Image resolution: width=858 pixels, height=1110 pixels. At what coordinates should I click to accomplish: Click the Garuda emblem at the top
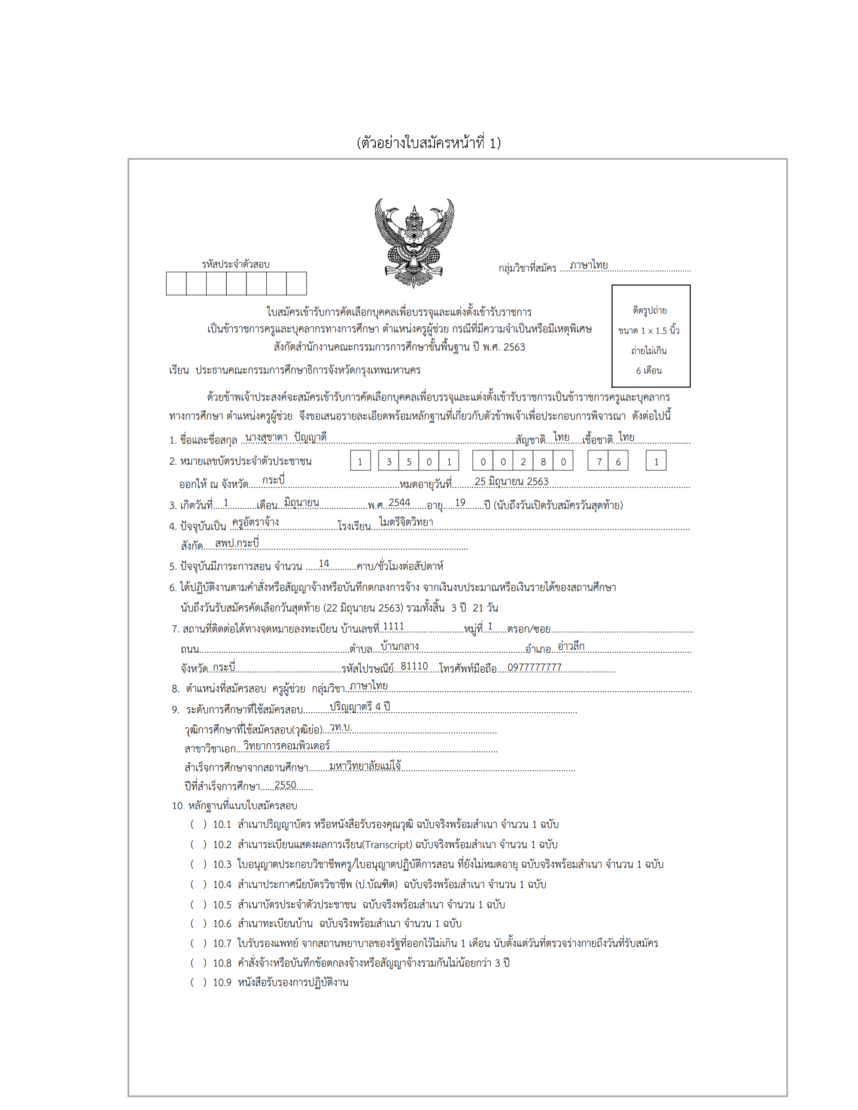414,243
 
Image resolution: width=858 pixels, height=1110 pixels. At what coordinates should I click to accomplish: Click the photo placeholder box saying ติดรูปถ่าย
651,336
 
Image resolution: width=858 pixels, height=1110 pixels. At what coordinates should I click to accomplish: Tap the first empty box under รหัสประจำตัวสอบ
176,283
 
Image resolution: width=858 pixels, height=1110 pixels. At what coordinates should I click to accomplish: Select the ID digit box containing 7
598,462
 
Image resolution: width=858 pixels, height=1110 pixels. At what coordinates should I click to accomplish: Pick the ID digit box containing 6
618,462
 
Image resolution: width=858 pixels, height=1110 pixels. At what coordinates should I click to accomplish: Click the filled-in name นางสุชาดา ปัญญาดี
286,437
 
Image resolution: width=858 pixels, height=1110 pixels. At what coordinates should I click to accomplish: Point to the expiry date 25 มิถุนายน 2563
511,481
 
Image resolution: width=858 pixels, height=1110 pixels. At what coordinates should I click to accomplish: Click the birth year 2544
399,503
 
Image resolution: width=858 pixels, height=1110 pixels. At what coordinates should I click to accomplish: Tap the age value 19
460,503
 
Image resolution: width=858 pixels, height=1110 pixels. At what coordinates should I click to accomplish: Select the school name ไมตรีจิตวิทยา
406,522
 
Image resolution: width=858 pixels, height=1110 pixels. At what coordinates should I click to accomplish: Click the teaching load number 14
324,564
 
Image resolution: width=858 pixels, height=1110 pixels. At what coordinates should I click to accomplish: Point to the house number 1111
393,626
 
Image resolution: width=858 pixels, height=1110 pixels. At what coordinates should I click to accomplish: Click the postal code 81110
414,666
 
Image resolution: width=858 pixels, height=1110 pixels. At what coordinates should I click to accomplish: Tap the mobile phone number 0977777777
535,667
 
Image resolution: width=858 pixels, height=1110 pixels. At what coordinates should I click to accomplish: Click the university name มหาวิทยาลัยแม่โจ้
365,766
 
